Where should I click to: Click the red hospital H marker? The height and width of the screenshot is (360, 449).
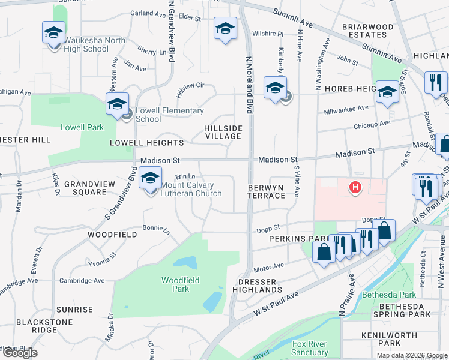(355, 188)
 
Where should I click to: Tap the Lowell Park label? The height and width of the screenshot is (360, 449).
(82, 127)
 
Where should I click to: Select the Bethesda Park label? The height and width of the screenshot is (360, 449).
(389, 295)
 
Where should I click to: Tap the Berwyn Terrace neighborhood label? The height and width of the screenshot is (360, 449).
(266, 191)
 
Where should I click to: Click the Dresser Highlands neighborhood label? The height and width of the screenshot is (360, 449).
(260, 286)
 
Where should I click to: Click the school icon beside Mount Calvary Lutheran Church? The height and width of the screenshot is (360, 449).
(150, 178)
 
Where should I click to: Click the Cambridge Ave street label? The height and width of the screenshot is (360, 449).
(82, 280)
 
